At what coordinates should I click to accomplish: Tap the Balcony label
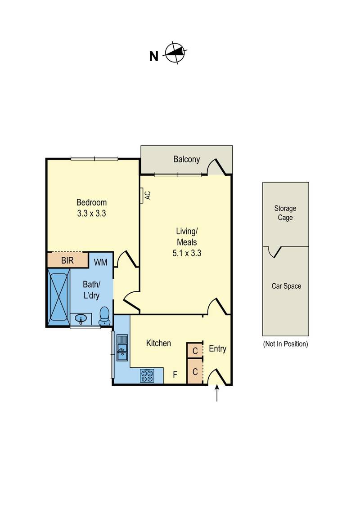tap(186, 159)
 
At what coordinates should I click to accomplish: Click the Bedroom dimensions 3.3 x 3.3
tap(92, 214)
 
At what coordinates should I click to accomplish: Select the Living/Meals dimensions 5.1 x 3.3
tap(187, 253)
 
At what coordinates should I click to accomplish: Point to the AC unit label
tap(148, 195)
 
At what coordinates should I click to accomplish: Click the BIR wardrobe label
tap(67, 260)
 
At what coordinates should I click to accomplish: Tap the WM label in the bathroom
tap(100, 262)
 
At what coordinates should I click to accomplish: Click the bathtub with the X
tap(59, 297)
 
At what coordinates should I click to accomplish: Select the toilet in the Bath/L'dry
tap(104, 316)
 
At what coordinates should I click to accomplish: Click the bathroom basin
tap(81, 319)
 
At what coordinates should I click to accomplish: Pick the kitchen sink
tap(122, 348)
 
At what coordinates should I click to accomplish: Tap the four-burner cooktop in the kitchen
tap(147, 376)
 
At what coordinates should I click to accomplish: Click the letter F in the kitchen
tap(175, 375)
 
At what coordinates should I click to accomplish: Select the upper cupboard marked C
tap(195, 351)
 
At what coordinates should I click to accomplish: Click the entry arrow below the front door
tap(217, 393)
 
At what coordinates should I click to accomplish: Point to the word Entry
tap(217, 348)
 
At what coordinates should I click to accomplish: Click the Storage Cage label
tap(285, 213)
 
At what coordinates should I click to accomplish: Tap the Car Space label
tap(286, 286)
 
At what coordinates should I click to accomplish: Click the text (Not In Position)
tap(286, 344)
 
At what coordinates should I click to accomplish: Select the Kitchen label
tap(158, 343)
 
